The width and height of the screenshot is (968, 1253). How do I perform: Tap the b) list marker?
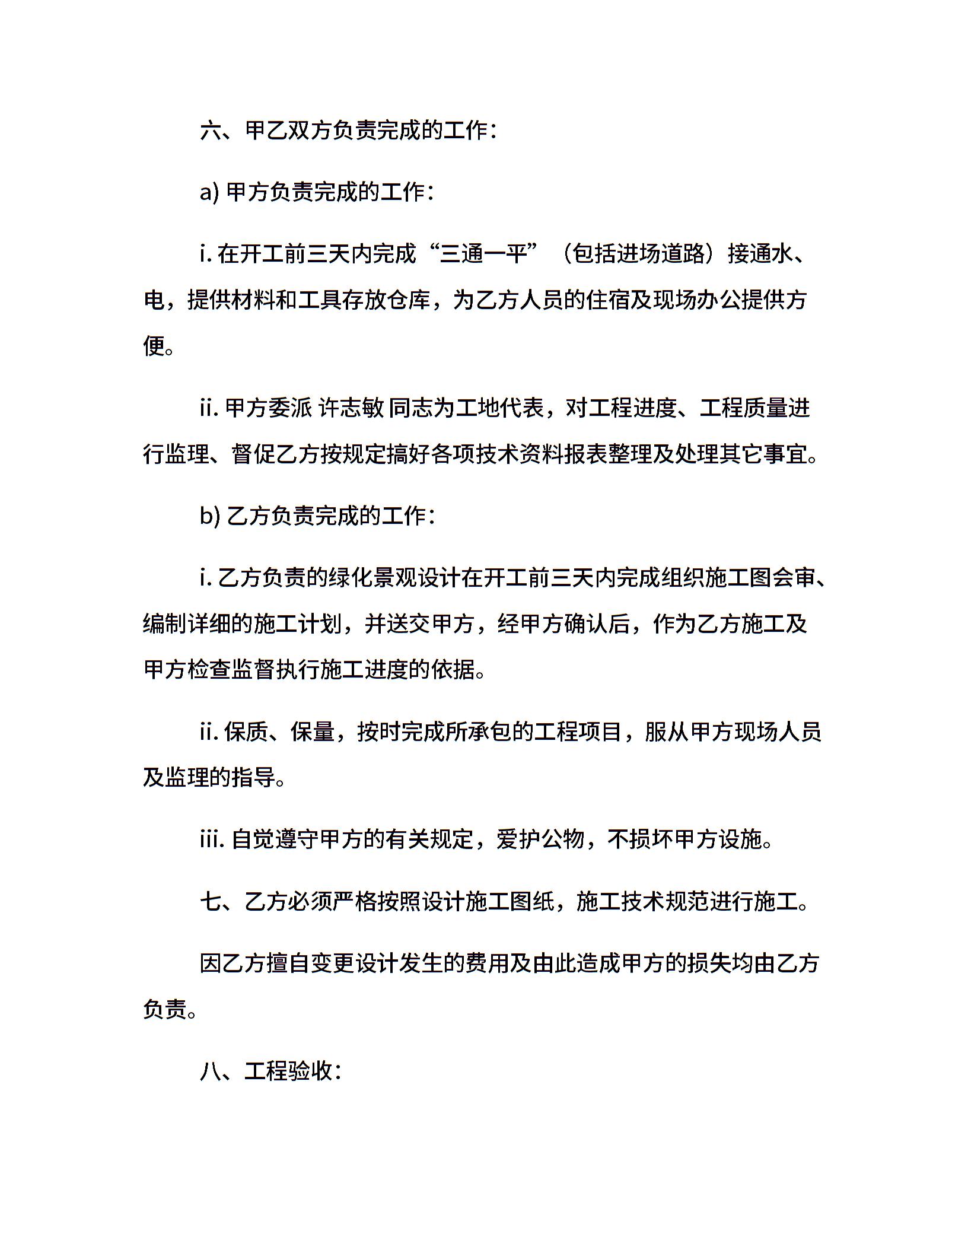[210, 516]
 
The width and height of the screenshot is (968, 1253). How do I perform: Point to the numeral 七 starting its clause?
[211, 902]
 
